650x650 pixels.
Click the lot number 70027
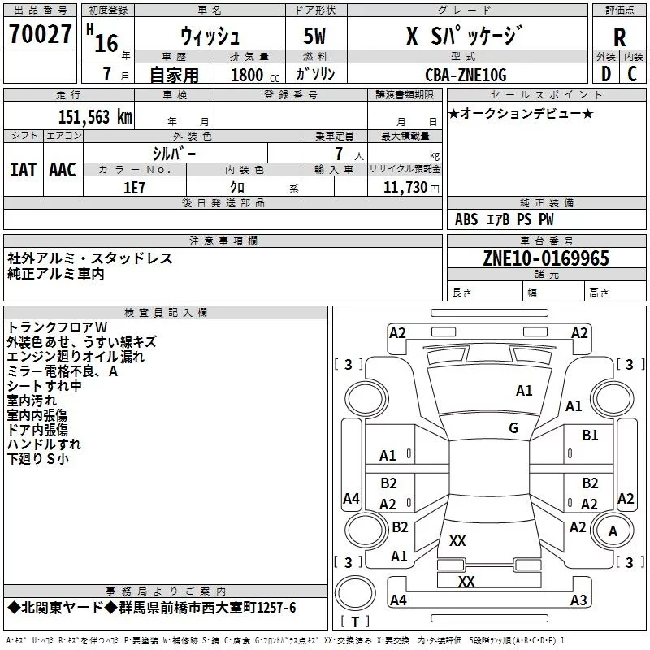[40, 33]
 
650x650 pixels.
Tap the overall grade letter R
[619, 37]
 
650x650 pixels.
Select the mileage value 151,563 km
[95, 117]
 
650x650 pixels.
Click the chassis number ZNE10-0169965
[546, 258]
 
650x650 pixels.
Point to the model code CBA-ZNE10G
[466, 75]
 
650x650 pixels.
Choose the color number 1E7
[134, 188]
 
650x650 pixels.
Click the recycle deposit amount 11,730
[405, 188]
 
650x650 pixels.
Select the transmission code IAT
[23, 170]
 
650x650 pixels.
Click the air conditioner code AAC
[63, 170]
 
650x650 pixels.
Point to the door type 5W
[314, 36]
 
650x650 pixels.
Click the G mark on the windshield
[513, 428]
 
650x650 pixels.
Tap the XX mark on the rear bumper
[466, 581]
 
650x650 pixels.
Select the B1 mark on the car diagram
[590, 435]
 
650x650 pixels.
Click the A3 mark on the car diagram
[578, 600]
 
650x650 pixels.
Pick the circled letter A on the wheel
[613, 531]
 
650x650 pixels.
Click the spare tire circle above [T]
[355, 593]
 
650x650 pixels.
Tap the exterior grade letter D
[606, 74]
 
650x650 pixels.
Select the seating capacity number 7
[339, 154]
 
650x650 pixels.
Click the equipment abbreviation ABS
[466, 219]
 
